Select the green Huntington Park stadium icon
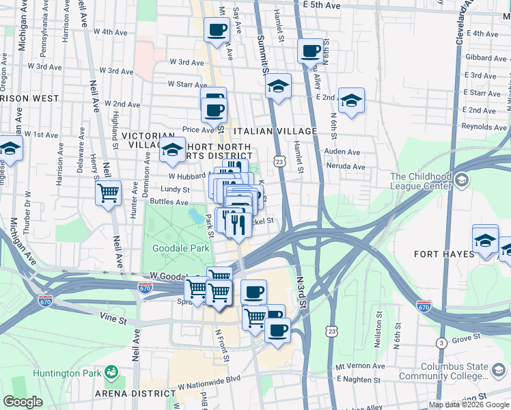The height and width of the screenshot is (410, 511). click(111, 373)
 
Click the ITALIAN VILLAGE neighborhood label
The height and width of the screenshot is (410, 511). click(275, 131)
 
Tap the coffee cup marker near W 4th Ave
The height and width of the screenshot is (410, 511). click(217, 30)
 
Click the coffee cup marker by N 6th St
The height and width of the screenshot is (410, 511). click(310, 51)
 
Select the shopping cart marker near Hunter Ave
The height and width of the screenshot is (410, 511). click(108, 193)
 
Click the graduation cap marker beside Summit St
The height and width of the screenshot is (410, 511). click(277, 86)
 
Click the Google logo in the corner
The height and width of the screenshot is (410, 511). click(23, 401)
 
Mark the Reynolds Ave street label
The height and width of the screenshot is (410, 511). click(484, 127)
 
